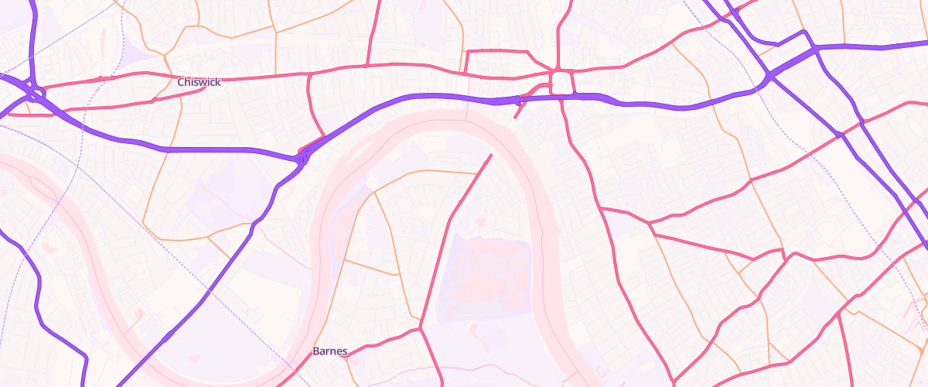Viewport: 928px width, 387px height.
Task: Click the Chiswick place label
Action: click(199, 82)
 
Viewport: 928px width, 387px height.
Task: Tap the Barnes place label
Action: click(330, 351)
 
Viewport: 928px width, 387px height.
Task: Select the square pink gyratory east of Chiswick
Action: click(562, 82)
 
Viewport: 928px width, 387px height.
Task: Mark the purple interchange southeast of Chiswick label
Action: click(302, 157)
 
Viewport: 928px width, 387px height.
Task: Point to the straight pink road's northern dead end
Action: click(490, 156)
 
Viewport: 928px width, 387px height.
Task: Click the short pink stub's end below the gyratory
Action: click(515, 118)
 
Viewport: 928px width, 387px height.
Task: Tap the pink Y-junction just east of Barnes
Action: click(421, 328)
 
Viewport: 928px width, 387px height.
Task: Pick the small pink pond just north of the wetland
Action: click(481, 224)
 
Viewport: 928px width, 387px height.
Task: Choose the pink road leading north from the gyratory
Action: click(558, 39)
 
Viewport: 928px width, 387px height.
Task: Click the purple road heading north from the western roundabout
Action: click(32, 39)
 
